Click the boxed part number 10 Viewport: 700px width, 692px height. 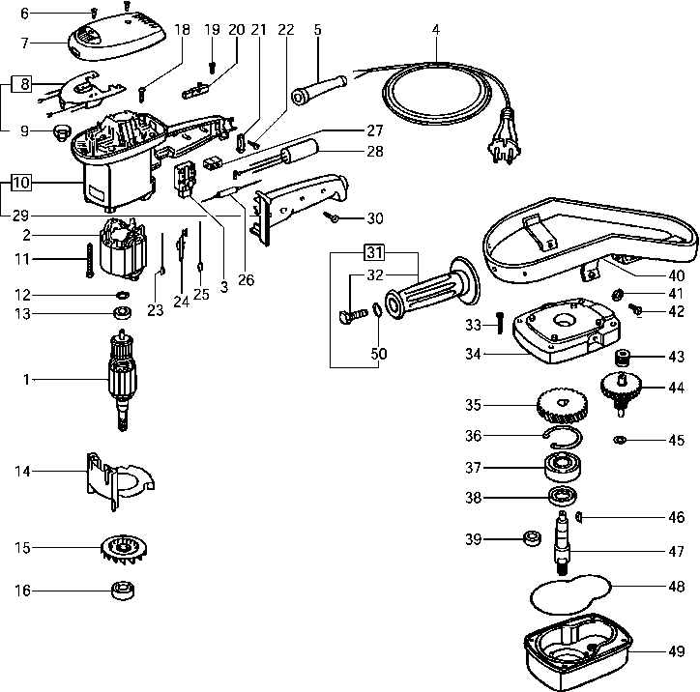(x=22, y=181)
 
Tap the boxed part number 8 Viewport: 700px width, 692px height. (x=22, y=84)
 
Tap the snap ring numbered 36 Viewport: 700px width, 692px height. (x=561, y=436)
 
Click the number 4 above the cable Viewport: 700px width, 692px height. (x=436, y=29)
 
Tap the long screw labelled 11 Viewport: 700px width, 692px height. (x=88, y=260)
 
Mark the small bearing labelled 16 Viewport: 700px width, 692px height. (x=121, y=589)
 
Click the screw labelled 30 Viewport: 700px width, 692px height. (x=331, y=218)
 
